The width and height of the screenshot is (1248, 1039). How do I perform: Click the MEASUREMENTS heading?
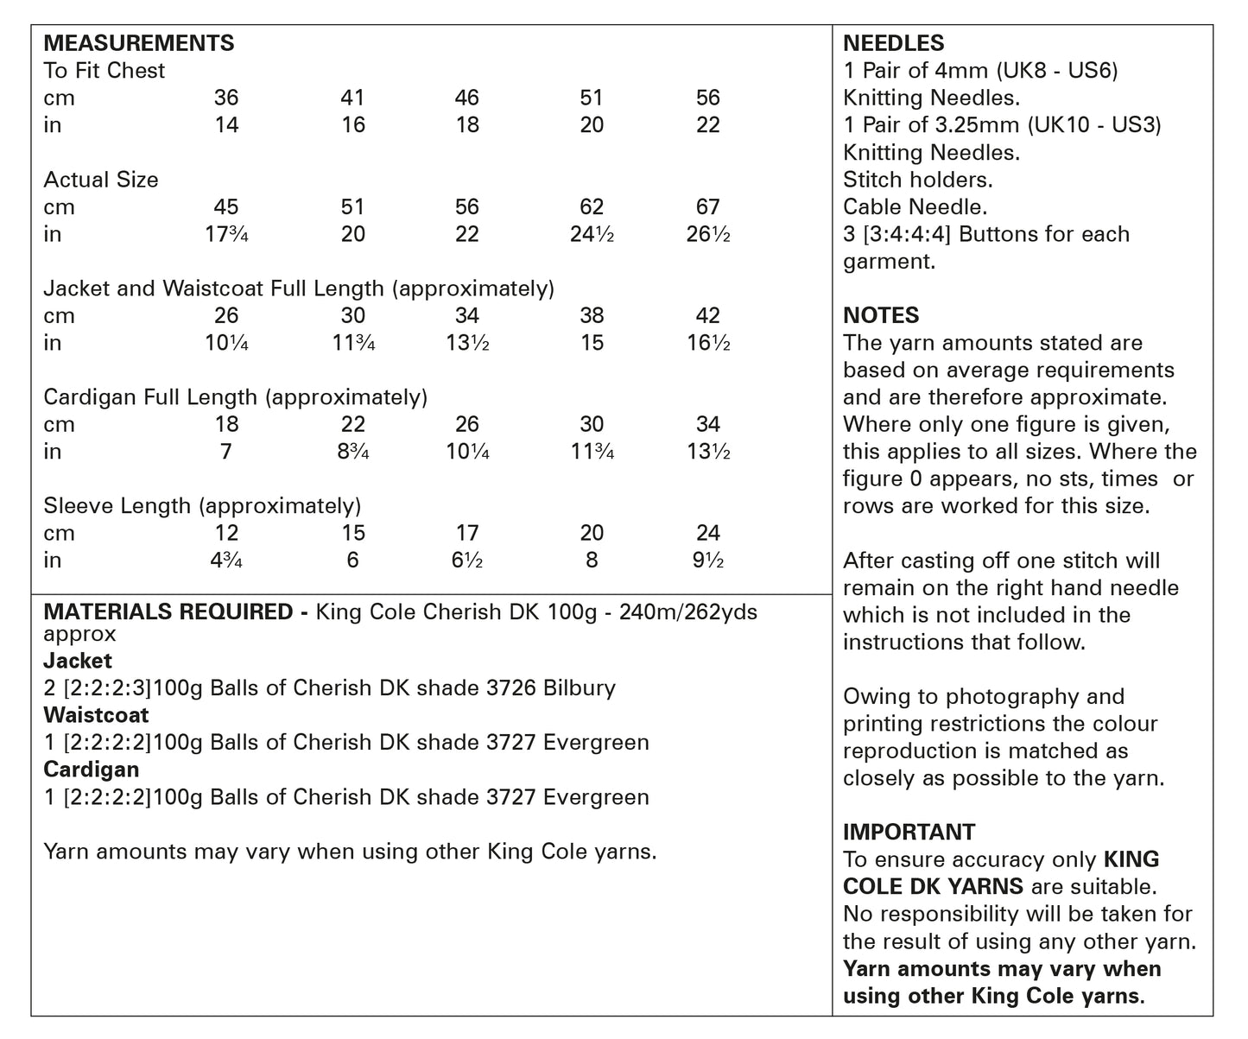(138, 43)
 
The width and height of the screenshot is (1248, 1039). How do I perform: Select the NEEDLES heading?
(893, 43)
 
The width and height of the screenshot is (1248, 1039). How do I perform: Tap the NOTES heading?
(881, 315)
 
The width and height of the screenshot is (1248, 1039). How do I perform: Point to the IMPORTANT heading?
(909, 832)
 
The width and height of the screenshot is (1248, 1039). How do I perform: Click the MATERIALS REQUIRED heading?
(168, 612)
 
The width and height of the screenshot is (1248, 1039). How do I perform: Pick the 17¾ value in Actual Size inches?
(226, 234)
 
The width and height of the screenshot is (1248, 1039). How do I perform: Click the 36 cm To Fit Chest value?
(226, 98)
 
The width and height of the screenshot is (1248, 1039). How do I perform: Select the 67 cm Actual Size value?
(707, 207)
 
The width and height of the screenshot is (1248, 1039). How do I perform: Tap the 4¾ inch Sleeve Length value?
(226, 561)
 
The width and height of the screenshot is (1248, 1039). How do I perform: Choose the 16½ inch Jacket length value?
(707, 343)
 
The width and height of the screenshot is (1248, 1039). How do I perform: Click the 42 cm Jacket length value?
(707, 316)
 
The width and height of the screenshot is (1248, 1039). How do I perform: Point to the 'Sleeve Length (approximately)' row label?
(202, 506)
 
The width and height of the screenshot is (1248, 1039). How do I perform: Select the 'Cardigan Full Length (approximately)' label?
(235, 397)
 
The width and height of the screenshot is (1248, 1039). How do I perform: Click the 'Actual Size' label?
(101, 180)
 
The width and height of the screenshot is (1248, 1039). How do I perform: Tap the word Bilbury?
(580, 688)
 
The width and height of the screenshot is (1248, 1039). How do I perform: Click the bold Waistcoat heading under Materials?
(96, 715)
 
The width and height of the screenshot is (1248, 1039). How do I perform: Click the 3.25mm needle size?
(976, 125)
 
